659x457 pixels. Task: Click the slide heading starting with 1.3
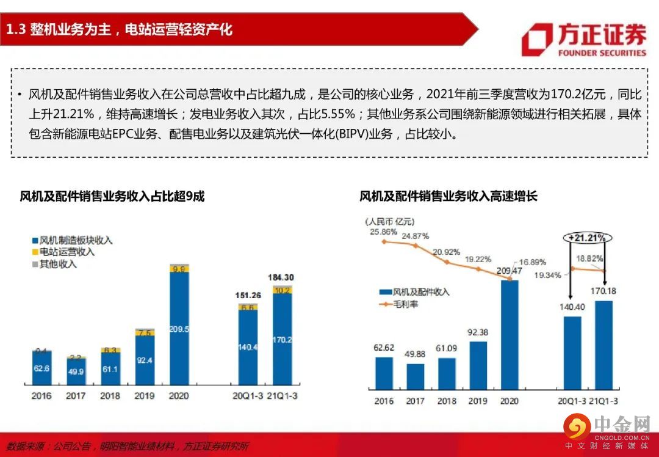[120, 29]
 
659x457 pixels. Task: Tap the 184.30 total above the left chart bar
[282, 277]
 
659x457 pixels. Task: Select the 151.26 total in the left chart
[248, 296]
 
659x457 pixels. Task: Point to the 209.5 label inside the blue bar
[179, 329]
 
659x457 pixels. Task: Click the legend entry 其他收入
[58, 264]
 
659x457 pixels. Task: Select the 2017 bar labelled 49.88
[415, 376]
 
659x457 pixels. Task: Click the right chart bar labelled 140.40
[572, 352]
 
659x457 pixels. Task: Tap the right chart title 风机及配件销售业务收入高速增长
[448, 196]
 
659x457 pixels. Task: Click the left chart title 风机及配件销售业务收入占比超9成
[112, 196]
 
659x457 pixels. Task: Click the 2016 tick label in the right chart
[384, 401]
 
